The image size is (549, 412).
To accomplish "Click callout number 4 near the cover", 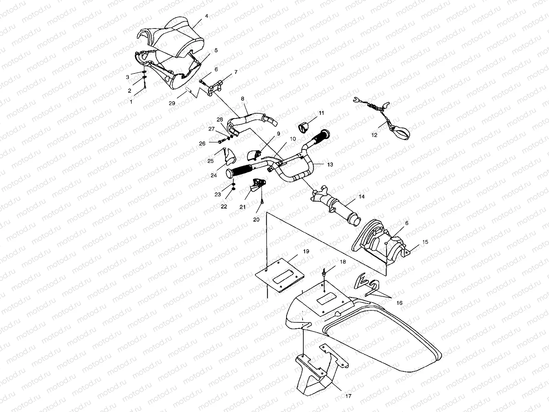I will coord(207,16).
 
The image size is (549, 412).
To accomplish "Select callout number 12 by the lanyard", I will coord(374,135).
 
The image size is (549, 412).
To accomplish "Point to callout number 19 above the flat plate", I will coord(306,251).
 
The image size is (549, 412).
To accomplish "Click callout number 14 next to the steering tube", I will coord(361,197).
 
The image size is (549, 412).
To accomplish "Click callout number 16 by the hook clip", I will coord(400,303).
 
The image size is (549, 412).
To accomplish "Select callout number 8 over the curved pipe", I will coord(243,99).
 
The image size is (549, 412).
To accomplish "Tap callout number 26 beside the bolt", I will coord(202,144).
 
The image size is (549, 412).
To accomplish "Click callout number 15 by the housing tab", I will coord(425,242).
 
